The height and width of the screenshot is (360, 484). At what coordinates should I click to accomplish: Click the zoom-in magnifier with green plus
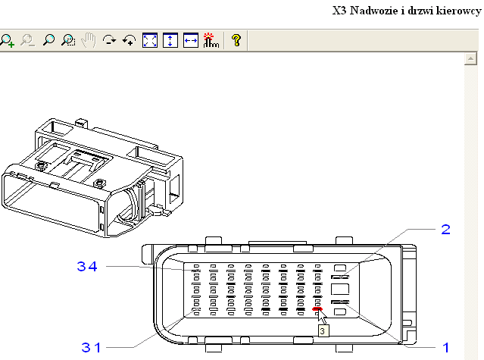8,41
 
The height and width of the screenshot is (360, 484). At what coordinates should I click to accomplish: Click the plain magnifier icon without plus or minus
48,41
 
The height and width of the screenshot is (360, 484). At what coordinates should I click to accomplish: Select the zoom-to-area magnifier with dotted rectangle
69,41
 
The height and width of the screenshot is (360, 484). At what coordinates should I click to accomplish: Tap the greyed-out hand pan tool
89,41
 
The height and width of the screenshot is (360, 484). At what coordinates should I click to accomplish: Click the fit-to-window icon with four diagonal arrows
150,41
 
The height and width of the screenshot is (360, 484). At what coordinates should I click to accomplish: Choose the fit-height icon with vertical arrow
170,41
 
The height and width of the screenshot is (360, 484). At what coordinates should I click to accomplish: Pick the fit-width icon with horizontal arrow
190,41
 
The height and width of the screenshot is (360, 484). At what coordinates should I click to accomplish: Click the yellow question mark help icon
236,41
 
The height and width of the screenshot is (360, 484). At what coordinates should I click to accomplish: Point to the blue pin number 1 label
446,347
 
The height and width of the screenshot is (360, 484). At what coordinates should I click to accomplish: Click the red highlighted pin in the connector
317,308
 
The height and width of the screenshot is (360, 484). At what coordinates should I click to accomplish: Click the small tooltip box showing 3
323,330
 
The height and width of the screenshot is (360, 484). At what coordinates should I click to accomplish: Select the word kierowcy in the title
457,11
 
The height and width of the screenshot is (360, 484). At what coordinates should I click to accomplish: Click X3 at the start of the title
339,11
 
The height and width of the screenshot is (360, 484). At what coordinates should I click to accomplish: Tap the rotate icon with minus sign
110,41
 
